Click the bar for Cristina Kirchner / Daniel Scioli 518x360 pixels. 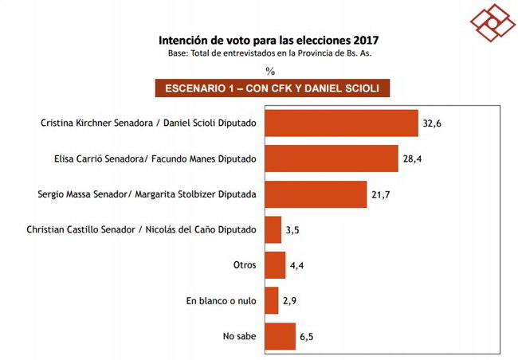pyautogui.click(x=341, y=123)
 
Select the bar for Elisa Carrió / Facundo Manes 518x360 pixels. pyautogui.click(x=331, y=158)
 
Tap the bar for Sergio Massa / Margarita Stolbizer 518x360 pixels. pyautogui.click(x=315, y=194)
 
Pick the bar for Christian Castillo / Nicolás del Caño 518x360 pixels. pyautogui.click(x=273, y=229)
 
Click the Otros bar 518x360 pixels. pyautogui.click(x=274, y=264)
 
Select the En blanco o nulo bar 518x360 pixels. pyautogui.click(x=271, y=300)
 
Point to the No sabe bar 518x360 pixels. pyautogui.click(x=280, y=335)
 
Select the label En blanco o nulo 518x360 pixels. pyautogui.click(x=220, y=301)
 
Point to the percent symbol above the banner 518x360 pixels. pyautogui.click(x=270, y=70)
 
